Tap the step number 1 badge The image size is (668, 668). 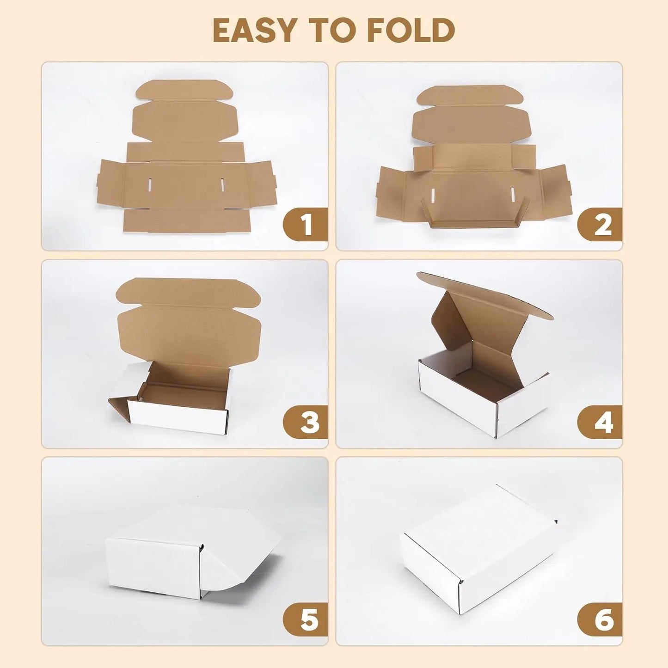point(306,225)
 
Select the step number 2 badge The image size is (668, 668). point(601,225)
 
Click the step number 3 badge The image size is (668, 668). point(306,422)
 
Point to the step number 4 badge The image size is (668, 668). point(601,422)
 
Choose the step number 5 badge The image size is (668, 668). point(306,619)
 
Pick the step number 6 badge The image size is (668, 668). point(601,619)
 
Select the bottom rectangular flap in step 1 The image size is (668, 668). point(187,221)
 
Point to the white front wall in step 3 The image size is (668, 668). point(178,417)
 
